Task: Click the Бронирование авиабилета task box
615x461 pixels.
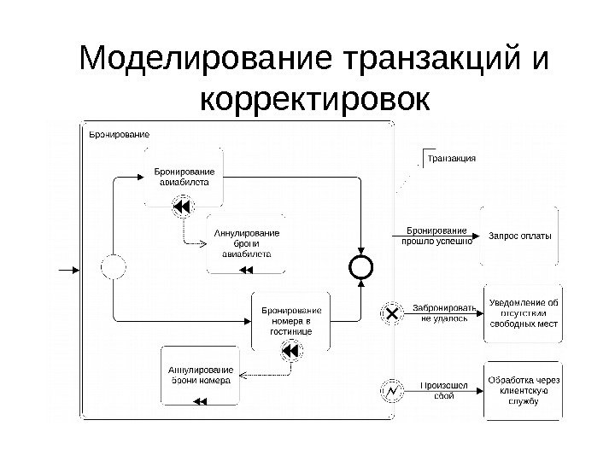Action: point(184,177)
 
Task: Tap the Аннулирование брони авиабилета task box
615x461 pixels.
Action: point(246,242)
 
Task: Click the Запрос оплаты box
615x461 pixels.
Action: point(519,235)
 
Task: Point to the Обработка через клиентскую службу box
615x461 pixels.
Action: point(522,390)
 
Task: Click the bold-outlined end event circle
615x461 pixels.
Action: point(362,268)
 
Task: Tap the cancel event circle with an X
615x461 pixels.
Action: point(392,313)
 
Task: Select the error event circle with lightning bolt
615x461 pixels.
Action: point(392,391)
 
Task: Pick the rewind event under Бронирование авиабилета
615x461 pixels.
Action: point(183,207)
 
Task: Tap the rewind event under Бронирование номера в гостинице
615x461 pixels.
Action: point(290,351)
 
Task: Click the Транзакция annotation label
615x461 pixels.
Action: point(451,159)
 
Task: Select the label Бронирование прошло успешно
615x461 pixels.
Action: point(436,236)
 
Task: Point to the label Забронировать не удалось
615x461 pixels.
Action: point(443,312)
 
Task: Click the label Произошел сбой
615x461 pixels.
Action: point(443,390)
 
